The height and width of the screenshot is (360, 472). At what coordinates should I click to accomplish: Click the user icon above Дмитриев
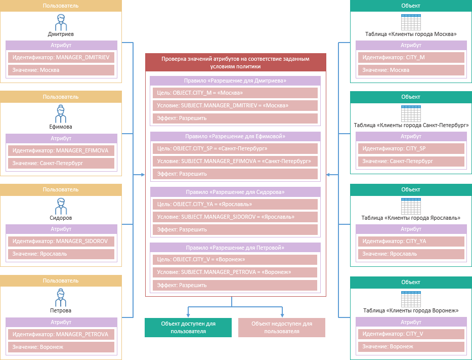[61, 22]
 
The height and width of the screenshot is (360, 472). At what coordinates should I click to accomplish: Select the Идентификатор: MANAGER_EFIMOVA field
[61, 151]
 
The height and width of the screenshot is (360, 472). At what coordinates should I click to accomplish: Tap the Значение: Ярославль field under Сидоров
[61, 254]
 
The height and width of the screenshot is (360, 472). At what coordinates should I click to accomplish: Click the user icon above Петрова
[61, 297]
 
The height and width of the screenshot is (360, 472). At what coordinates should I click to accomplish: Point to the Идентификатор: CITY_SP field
[411, 149]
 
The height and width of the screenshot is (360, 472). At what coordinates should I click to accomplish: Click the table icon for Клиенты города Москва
[411, 22]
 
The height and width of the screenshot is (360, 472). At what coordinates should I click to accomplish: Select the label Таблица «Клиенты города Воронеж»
[411, 310]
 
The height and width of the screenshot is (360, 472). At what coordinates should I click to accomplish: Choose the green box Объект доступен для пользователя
[188, 327]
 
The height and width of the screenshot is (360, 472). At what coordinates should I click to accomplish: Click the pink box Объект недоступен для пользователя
[282, 327]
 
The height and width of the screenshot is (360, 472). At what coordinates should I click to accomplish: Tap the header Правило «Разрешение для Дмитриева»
[235, 81]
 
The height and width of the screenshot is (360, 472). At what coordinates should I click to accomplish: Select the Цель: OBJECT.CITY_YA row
[235, 204]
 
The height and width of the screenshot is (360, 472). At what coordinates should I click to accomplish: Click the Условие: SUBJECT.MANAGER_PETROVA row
[235, 272]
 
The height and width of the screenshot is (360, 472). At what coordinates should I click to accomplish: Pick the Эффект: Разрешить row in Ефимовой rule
[235, 174]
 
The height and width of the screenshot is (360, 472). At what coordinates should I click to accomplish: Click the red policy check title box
[235, 62]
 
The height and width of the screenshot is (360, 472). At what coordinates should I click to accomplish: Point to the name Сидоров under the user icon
[61, 218]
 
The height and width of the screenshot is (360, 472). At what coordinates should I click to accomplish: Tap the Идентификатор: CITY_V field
[411, 334]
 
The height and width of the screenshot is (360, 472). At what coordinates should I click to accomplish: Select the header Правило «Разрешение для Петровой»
[235, 248]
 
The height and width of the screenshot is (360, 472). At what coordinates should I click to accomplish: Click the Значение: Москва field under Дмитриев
[61, 70]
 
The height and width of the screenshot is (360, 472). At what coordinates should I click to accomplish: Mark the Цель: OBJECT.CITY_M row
[235, 93]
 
